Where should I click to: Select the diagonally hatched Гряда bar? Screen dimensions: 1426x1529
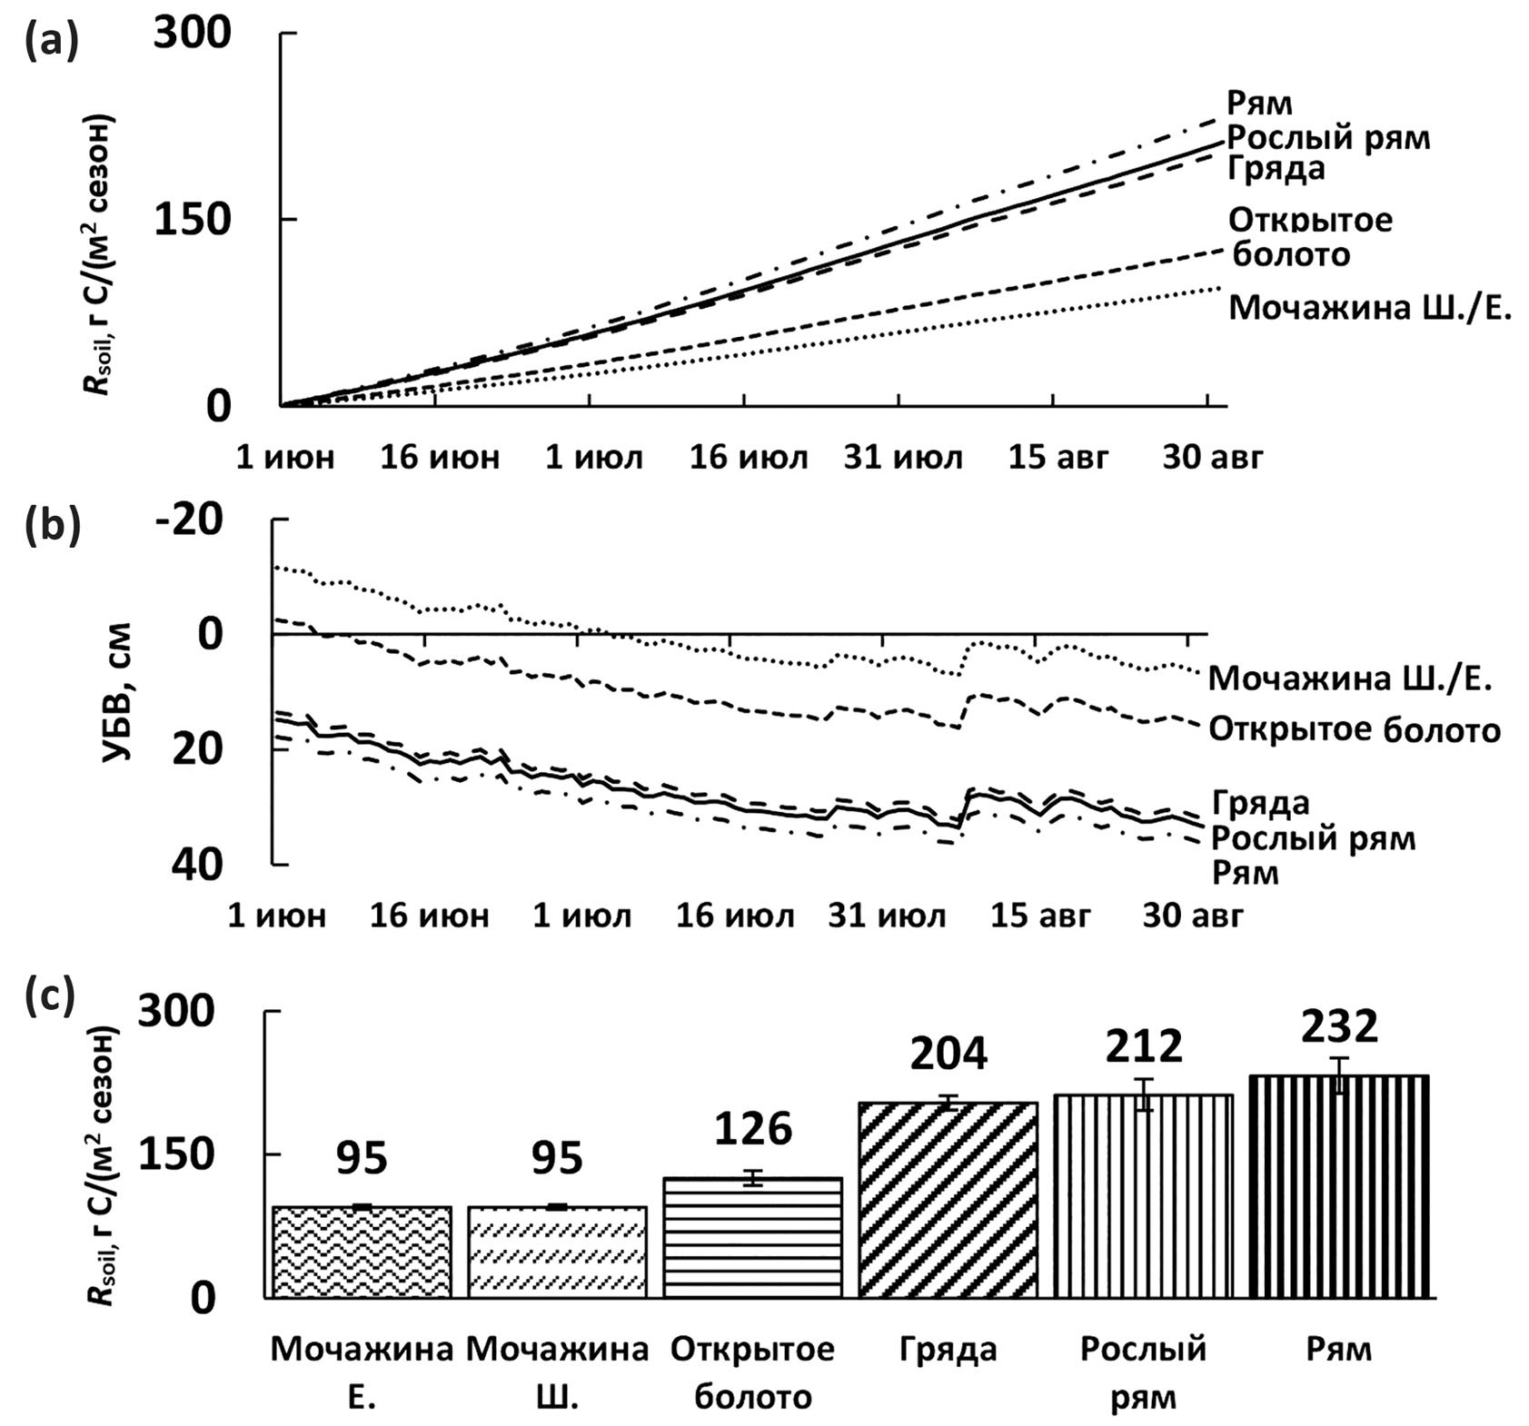pyautogui.click(x=948, y=1200)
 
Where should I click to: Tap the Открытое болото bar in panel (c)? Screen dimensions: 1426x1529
pyautogui.click(x=752, y=1237)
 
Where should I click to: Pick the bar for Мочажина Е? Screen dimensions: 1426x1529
pyautogui.click(x=362, y=1252)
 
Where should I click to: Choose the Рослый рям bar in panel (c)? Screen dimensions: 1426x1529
pyautogui.click(x=1144, y=1195)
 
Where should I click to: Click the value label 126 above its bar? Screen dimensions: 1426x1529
pyautogui.click(x=753, y=1129)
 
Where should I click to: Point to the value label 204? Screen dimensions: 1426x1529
pyautogui.click(x=948, y=1054)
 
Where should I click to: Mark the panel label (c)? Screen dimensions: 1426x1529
pyautogui.click(x=50, y=995)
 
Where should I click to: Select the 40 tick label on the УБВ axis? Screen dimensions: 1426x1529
pyautogui.click(x=196, y=865)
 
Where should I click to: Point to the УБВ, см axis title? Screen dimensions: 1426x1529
pyautogui.click(x=116, y=692)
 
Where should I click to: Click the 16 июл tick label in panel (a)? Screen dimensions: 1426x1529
pyautogui.click(x=749, y=457)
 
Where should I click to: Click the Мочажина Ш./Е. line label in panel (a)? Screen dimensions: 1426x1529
pyautogui.click(x=1370, y=308)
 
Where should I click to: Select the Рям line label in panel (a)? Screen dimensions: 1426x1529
pyautogui.click(x=1259, y=103)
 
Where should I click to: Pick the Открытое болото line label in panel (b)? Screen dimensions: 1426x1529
pyautogui.click(x=1354, y=730)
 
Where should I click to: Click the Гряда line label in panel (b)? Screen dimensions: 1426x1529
pyautogui.click(x=1260, y=803)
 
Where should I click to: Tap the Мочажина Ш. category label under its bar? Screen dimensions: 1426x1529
pyautogui.click(x=557, y=1372)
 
